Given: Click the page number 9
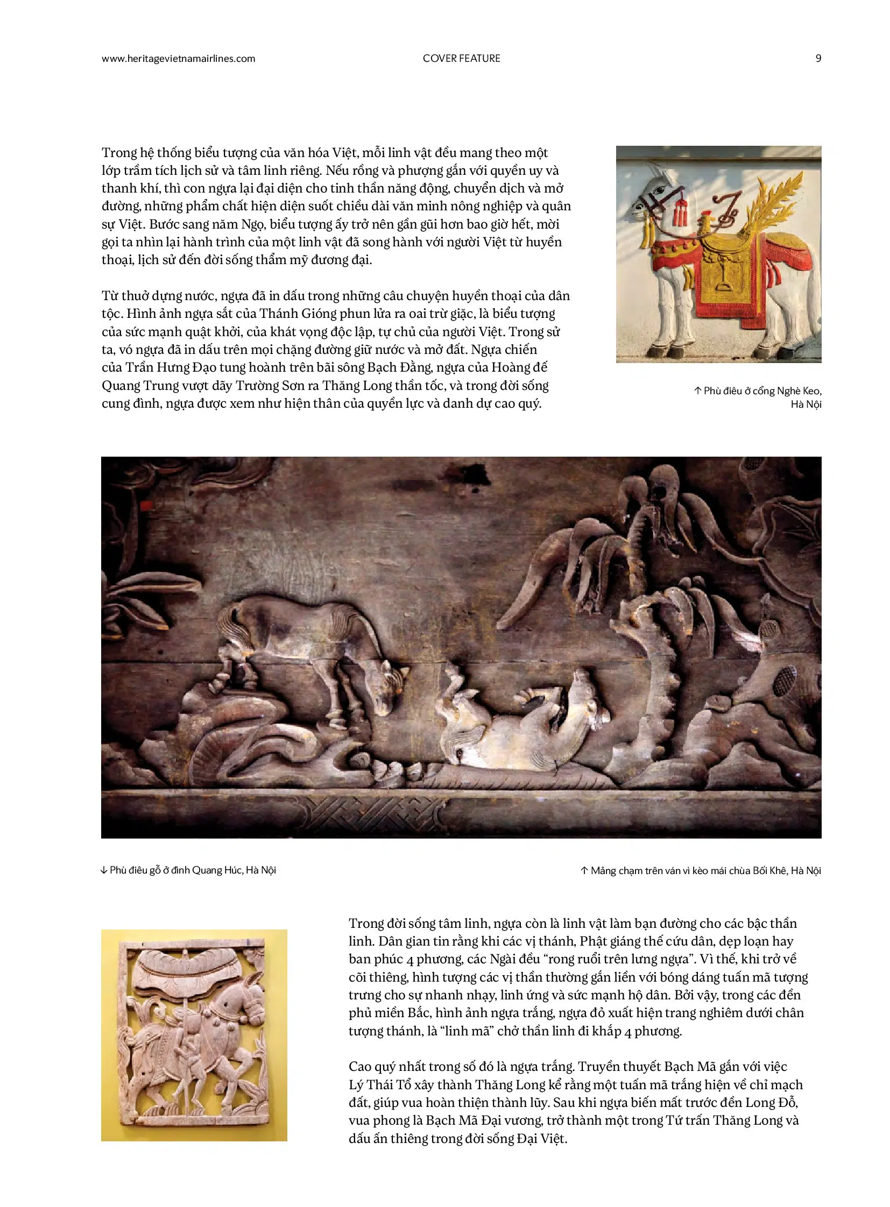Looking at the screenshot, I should point(818,58).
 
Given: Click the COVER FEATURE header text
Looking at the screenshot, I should point(461,58).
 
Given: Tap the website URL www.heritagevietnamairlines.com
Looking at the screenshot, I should point(178,59).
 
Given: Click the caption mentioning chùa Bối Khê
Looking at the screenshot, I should point(701,870).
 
